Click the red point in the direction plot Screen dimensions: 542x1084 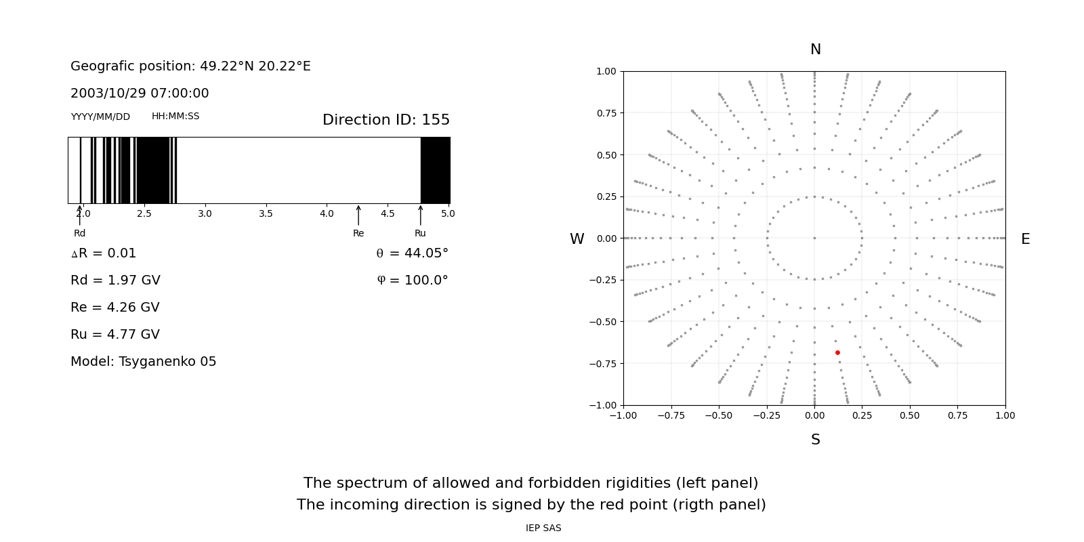837,352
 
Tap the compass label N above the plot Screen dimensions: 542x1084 815,49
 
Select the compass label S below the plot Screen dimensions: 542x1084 815,440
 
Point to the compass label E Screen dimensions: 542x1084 1025,239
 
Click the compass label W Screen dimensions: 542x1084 577,239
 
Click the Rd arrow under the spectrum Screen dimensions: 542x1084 79,215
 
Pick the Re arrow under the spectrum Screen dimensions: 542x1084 358,215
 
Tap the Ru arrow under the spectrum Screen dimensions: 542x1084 420,215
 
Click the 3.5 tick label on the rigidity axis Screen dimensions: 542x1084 266,213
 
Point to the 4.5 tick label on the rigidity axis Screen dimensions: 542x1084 388,213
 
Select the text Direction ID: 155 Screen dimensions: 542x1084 385,120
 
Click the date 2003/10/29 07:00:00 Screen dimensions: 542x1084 140,93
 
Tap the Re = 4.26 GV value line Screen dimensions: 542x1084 115,308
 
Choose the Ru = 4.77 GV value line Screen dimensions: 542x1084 115,335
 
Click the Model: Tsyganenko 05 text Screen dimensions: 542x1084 144,362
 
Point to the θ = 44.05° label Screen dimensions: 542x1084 412,253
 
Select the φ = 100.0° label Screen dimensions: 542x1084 412,280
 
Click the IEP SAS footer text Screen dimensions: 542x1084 543,528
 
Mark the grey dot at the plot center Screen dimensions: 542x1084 814,238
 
